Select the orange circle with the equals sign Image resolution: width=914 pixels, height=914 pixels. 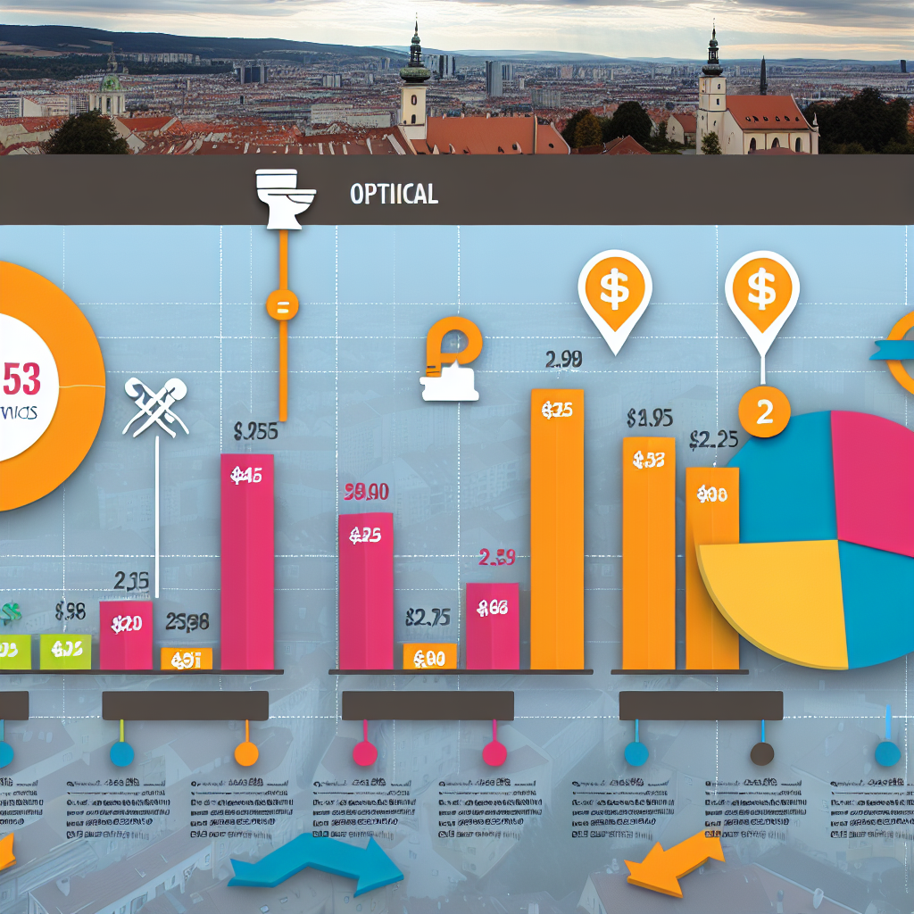tap(282, 308)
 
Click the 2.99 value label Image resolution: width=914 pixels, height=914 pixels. tap(563, 360)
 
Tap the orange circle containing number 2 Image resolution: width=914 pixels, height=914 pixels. tap(763, 412)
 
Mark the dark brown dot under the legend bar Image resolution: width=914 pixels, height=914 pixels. tap(761, 753)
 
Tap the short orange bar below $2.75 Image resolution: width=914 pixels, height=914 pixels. tap(429, 657)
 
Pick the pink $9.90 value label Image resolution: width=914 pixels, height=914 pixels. tap(365, 491)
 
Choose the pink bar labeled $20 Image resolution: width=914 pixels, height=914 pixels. tap(126, 635)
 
